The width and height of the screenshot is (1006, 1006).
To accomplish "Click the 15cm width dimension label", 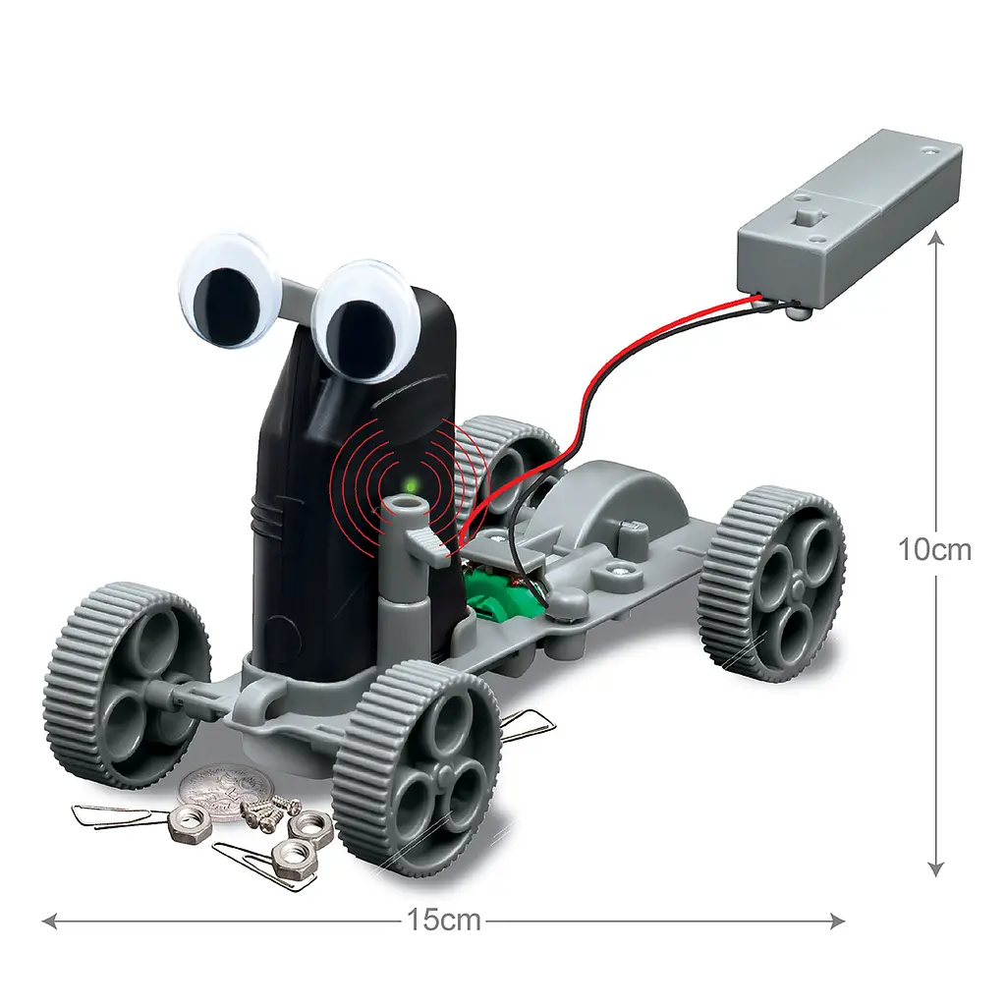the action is pyautogui.click(x=443, y=920).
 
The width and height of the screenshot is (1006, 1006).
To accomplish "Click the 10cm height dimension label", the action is pyautogui.click(x=934, y=550).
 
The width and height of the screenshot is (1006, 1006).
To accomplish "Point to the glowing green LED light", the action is pyautogui.click(x=410, y=481).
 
